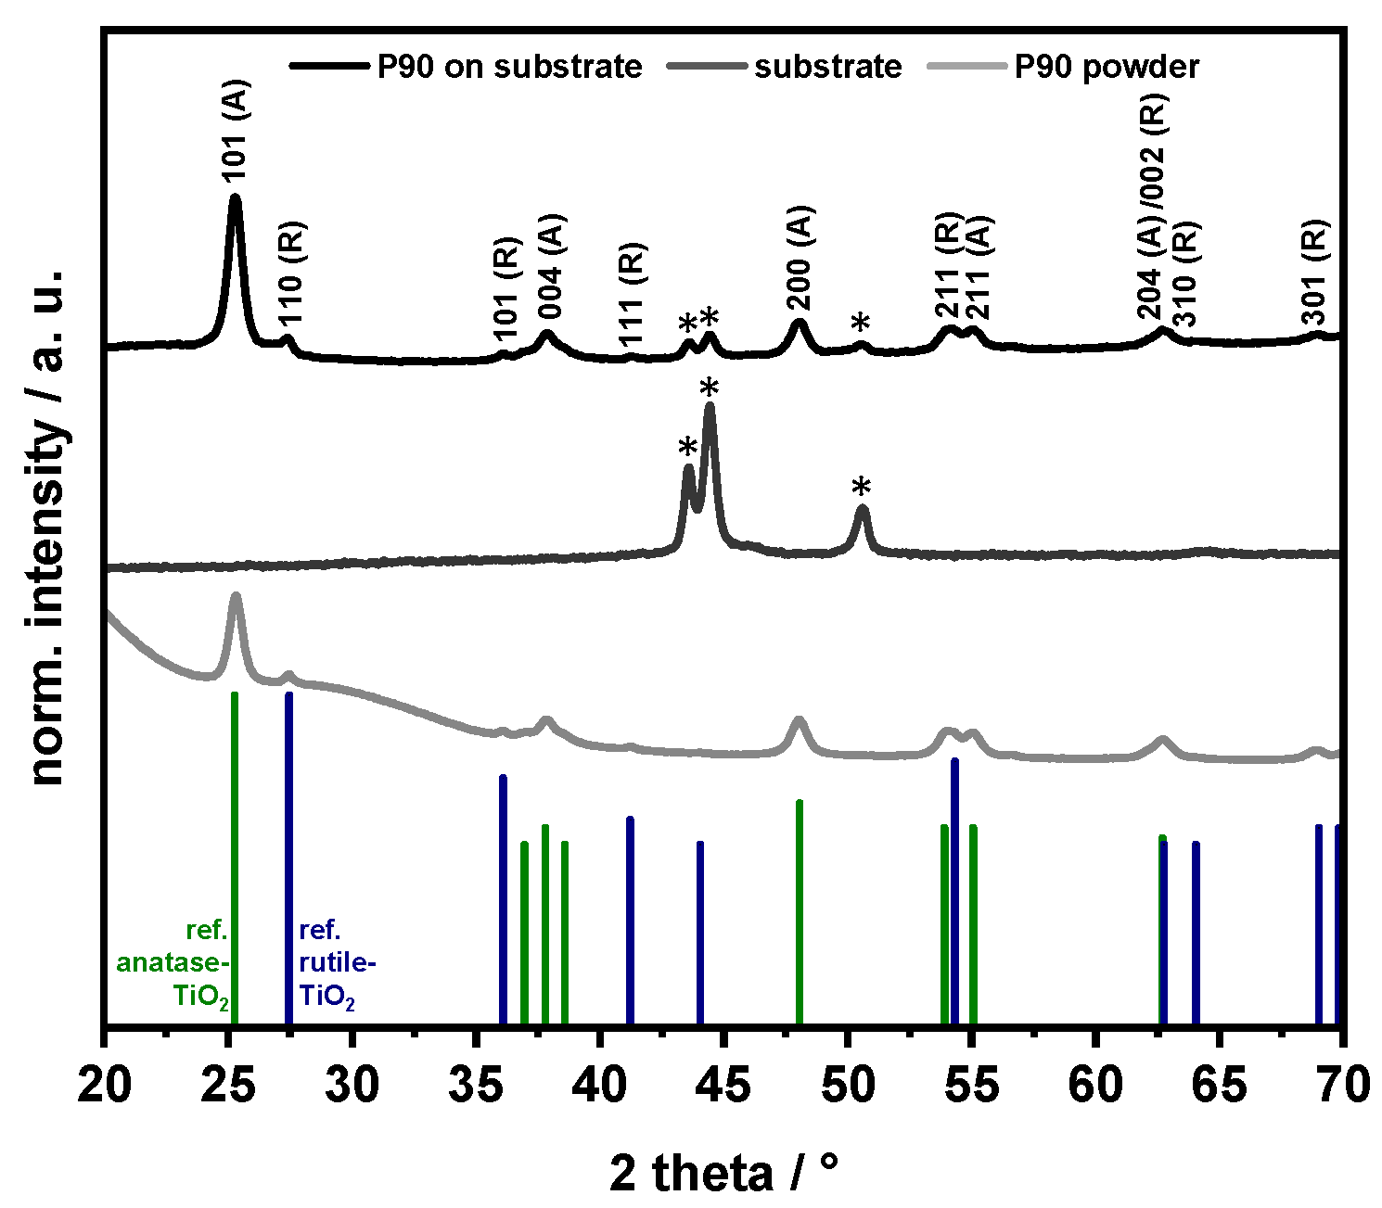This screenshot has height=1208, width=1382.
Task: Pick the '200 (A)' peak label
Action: coord(800,259)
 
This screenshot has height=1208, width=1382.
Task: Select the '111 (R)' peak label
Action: coord(631,292)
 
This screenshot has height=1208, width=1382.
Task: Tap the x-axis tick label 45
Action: coord(723,1086)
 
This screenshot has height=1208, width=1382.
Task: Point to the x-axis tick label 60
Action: coord(1094,1086)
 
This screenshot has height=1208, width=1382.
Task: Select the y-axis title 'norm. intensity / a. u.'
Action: coord(46,528)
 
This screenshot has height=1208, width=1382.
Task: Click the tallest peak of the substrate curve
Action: coord(710,408)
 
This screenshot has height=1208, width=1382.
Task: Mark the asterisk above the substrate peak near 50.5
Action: coord(862,488)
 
